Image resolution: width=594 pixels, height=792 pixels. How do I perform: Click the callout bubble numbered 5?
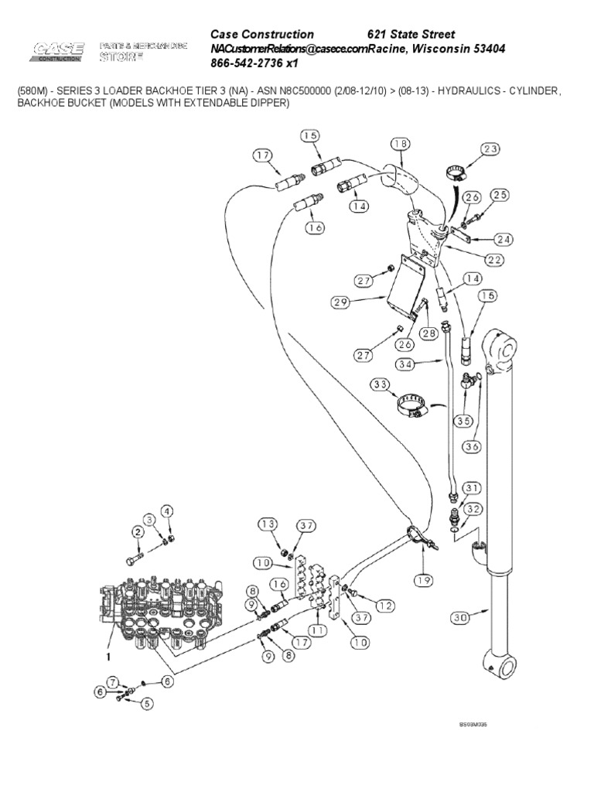coord(147,703)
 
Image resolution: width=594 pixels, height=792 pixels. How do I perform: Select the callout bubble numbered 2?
coord(137,531)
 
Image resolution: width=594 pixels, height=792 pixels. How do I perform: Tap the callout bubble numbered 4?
coord(167,511)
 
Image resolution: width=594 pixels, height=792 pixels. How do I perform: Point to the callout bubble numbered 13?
coord(267,525)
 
